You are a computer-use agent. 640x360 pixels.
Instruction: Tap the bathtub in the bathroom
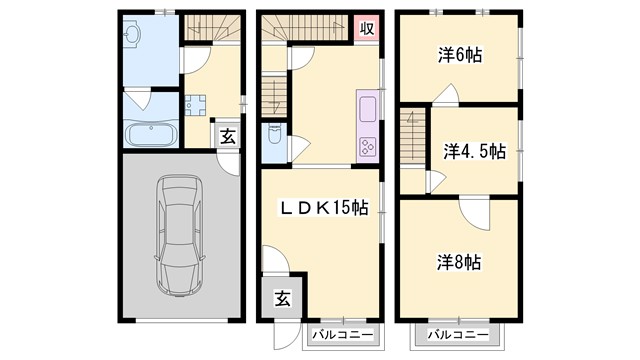click(x=150, y=134)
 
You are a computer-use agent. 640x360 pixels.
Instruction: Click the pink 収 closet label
click(x=367, y=28)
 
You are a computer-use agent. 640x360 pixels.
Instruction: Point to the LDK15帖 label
click(x=323, y=208)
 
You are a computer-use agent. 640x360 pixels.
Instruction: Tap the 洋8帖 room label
click(x=459, y=262)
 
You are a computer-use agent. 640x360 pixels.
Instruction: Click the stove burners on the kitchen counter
click(x=366, y=145)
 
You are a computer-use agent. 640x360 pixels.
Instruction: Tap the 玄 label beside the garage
click(x=228, y=136)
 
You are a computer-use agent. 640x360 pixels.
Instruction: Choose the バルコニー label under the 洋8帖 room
click(x=460, y=333)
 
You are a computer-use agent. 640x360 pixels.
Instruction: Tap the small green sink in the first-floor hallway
click(x=194, y=103)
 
